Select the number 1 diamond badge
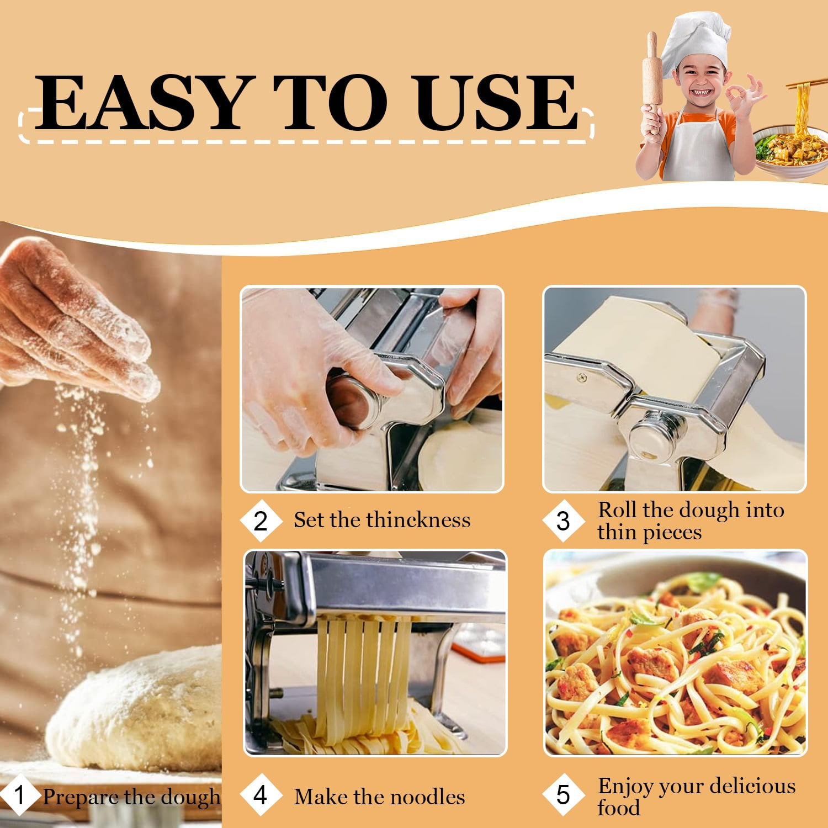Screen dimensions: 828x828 [19, 795]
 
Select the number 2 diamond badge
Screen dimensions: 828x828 [261, 521]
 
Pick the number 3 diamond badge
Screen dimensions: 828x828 [563, 521]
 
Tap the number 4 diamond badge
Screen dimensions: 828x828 [261, 795]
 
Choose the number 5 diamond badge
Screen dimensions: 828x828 [563, 795]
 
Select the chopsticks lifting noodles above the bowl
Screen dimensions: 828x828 [806, 84]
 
